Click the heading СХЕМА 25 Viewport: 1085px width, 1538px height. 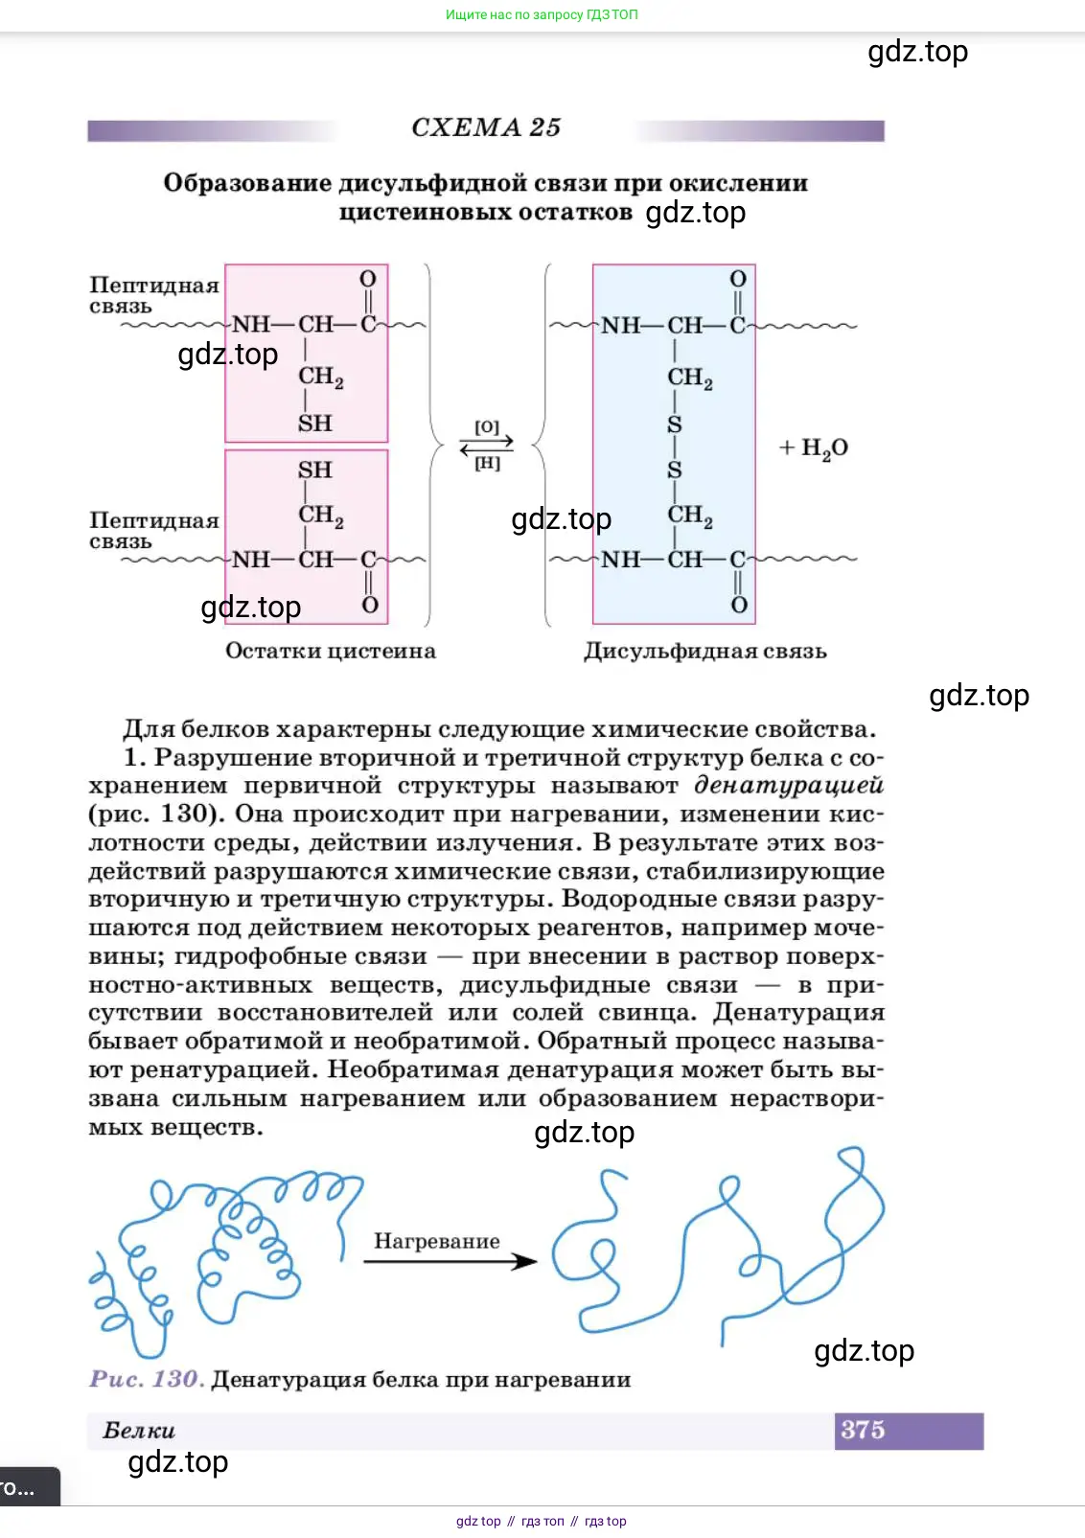[486, 127]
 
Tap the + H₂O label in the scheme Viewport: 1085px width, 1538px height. [814, 448]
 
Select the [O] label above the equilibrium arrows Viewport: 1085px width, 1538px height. [487, 427]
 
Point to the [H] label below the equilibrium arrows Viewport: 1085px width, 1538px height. [487, 464]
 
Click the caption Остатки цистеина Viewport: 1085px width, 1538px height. [331, 652]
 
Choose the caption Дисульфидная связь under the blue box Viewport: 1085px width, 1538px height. [704, 652]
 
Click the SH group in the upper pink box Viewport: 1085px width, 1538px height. [314, 424]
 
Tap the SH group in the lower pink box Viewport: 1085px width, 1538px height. [314, 471]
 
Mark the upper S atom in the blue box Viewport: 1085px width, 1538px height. [675, 425]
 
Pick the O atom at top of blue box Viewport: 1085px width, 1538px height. [737, 279]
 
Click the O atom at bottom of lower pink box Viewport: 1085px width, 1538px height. [370, 606]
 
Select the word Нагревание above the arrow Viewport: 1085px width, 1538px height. [436, 1241]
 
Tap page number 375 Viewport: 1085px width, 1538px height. [863, 1430]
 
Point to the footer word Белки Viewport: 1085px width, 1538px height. [139, 1431]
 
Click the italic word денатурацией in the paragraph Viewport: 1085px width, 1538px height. [788, 786]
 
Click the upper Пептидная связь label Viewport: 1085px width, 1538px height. [153, 294]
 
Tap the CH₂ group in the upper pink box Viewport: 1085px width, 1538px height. [320, 378]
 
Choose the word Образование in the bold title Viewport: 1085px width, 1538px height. [246, 183]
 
